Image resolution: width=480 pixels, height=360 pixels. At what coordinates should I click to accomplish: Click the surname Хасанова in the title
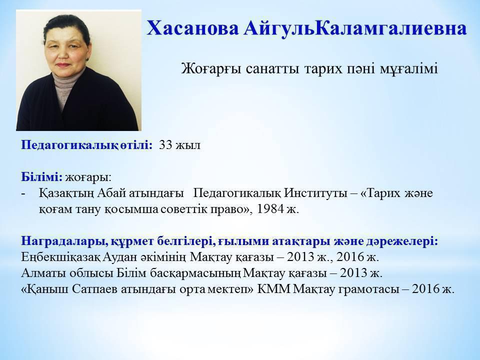tap(192, 29)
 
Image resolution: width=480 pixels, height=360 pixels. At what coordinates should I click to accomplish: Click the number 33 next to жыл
tap(166, 145)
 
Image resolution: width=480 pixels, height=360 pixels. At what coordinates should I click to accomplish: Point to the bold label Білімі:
tap(42, 176)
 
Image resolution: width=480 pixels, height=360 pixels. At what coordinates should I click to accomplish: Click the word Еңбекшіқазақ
tap(60, 257)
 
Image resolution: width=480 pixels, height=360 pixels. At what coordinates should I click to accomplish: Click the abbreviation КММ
tap(273, 289)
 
